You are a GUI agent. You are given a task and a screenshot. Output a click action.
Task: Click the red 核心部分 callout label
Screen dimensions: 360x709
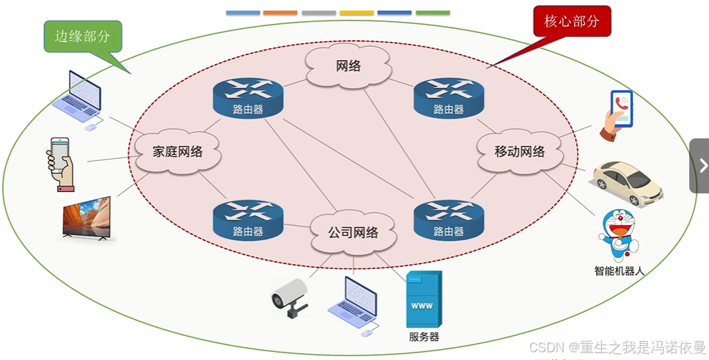tap(571, 22)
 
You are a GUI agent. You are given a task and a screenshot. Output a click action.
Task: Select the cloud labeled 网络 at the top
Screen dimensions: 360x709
tap(349, 66)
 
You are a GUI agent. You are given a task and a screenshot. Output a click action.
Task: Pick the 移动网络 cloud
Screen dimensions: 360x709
tap(520, 151)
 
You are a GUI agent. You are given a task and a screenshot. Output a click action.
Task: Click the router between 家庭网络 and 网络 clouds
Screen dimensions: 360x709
tap(248, 98)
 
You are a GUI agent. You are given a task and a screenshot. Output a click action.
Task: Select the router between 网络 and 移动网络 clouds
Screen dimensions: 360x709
tap(449, 98)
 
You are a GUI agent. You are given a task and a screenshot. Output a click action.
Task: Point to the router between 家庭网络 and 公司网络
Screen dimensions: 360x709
tap(248, 220)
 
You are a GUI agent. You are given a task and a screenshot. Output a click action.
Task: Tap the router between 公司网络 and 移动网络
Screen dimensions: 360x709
tap(449, 220)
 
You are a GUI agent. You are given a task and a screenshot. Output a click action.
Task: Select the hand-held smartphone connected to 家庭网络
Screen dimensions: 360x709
tap(61, 163)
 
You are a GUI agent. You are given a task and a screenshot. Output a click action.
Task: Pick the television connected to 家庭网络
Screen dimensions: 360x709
tap(87, 218)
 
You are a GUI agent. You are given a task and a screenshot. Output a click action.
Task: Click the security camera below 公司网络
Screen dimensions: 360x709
tap(291, 297)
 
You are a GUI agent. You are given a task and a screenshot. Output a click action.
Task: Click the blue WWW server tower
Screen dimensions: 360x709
tap(423, 299)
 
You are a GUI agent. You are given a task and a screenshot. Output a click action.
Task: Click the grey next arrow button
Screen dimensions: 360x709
tap(701, 165)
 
